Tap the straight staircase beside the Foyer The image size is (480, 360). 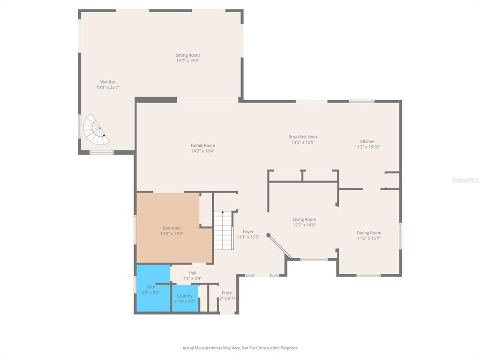point(223,230)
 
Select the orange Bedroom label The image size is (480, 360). point(172,228)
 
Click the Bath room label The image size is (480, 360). point(150,287)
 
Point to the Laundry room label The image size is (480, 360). point(185,296)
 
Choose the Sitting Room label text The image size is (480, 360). point(187,55)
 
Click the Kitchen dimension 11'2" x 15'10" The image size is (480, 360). point(367,147)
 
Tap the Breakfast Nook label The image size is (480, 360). point(303,137)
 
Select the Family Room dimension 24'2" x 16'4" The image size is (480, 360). point(203,151)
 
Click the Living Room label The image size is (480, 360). point(304,219)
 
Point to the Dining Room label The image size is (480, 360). point(369,233)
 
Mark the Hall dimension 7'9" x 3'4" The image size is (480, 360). point(192,278)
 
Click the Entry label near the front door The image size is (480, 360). point(227,293)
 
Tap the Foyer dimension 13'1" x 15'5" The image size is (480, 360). point(248,237)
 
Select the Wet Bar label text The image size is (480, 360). point(108,82)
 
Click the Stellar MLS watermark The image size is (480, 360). point(465,180)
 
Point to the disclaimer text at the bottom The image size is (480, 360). point(240,348)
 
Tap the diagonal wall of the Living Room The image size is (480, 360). point(280,246)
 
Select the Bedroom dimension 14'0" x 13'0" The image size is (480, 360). point(172,234)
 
